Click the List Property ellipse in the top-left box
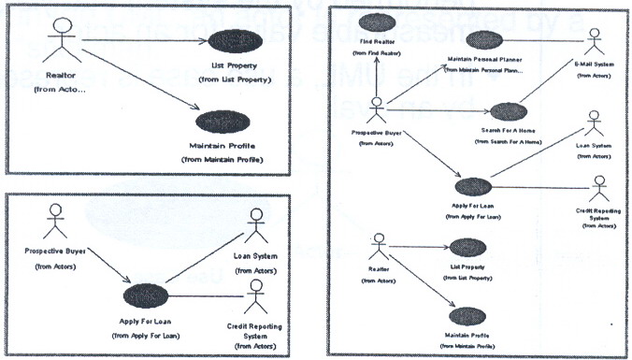point(235,42)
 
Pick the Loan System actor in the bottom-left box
point(256,225)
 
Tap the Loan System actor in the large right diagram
point(593,128)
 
